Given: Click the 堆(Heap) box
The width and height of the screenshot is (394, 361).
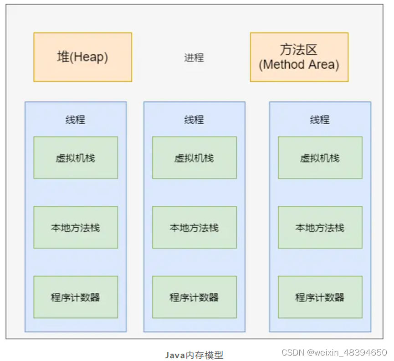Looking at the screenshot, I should tap(82, 57).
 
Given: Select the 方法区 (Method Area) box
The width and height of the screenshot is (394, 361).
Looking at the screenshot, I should tap(299, 57).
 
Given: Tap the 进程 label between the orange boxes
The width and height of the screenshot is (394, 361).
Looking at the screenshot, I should tap(194, 58).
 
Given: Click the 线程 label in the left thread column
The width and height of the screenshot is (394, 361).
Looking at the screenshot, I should tap(75, 120).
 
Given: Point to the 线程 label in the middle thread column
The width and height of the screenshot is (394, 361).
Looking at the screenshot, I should tap(194, 120).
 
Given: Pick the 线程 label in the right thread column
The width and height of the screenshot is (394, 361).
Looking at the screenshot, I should tap(320, 120).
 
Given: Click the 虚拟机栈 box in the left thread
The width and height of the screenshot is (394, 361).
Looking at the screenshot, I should tap(76, 158).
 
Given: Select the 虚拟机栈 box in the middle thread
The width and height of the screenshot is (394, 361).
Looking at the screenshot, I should tap(194, 158).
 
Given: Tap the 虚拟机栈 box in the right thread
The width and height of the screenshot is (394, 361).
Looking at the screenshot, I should tap(320, 158).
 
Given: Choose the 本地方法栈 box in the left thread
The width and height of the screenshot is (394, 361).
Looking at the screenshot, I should tap(76, 227).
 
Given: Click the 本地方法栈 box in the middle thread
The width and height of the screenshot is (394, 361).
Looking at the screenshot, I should tap(194, 227).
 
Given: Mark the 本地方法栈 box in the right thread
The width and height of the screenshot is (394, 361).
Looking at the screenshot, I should tap(320, 227).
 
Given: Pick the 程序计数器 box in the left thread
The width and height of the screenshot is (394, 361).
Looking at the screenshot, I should tap(76, 297).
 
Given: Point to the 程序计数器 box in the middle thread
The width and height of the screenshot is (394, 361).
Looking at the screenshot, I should tap(194, 297).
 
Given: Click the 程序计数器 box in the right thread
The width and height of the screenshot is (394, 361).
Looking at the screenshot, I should tap(320, 297).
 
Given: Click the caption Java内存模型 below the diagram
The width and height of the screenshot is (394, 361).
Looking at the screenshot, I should tap(194, 355).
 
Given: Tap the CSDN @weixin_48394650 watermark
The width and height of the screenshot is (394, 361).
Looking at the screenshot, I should tap(334, 352).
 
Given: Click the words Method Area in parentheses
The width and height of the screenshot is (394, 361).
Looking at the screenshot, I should tap(299, 65).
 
